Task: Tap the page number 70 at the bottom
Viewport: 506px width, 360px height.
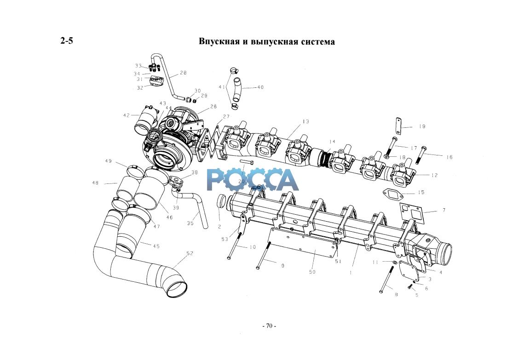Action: [x=269, y=326]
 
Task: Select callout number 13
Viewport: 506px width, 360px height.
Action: [x=306, y=121]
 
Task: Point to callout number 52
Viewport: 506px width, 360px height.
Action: [x=190, y=253]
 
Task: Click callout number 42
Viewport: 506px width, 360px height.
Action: [x=126, y=115]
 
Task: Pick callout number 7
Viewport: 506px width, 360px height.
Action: [x=443, y=210]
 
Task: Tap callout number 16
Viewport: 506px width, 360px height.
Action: [x=449, y=157]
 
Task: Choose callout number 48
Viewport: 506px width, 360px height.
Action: [x=95, y=183]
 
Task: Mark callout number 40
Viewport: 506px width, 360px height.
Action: [x=260, y=87]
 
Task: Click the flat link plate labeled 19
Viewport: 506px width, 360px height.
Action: [x=398, y=126]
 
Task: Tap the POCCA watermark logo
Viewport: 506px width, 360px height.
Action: [x=253, y=179]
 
